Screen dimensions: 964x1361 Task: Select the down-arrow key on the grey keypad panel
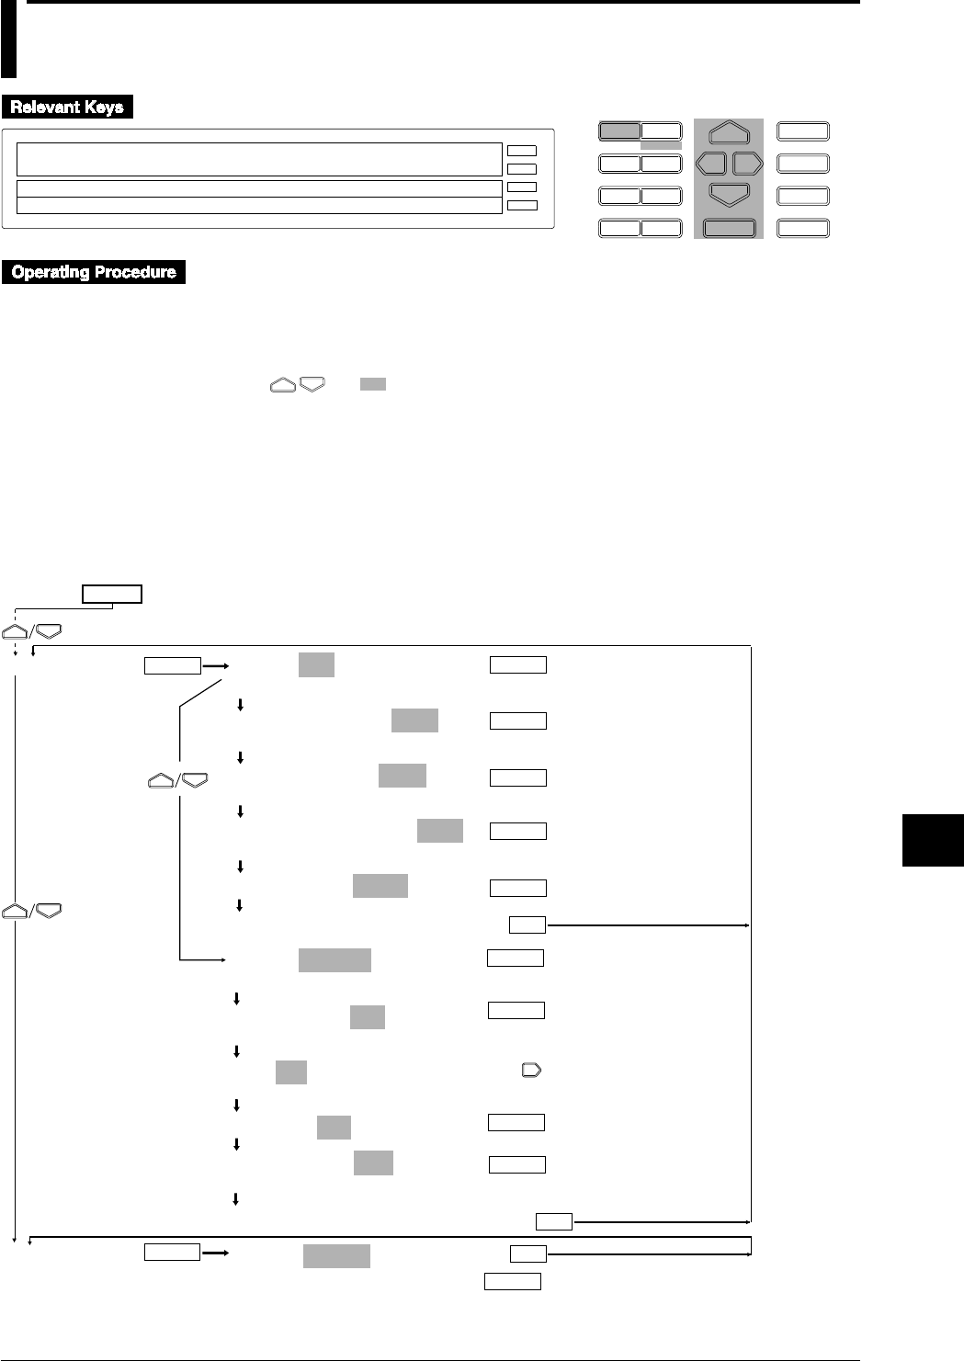tap(729, 194)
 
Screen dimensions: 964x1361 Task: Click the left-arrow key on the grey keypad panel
tap(710, 164)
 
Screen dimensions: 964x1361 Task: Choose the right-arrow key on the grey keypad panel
tap(747, 164)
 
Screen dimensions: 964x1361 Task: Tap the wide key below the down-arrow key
tap(729, 228)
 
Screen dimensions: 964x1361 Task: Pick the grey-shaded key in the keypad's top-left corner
tap(619, 130)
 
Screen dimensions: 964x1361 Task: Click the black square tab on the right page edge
tap(933, 839)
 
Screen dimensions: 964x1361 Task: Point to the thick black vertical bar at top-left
tap(8, 40)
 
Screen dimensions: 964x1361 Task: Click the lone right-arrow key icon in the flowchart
tap(531, 1071)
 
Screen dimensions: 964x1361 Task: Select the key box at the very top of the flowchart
tap(112, 593)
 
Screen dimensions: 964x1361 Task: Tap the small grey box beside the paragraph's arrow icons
tap(372, 384)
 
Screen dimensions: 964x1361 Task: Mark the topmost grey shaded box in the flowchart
tap(316, 664)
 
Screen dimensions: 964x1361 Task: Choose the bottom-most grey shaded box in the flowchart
tap(336, 1256)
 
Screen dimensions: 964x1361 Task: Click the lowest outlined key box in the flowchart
tap(512, 1282)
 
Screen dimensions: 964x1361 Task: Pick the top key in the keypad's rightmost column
tap(802, 131)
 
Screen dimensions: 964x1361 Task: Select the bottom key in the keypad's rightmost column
tap(802, 228)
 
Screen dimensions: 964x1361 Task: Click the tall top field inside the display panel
tap(259, 159)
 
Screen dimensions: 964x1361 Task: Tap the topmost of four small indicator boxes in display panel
tap(521, 150)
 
